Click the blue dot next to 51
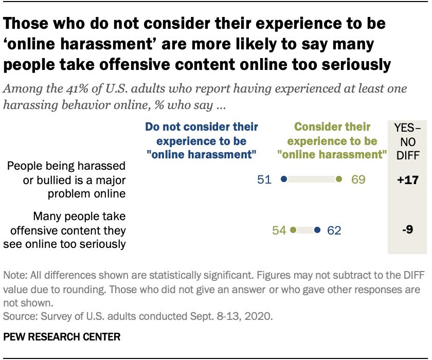[x=283, y=179]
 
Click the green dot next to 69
[x=338, y=179]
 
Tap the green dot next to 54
[x=293, y=230]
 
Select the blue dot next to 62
[x=317, y=230]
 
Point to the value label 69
[x=358, y=179]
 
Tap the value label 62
[x=334, y=230]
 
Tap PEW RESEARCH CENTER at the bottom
[x=62, y=337]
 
